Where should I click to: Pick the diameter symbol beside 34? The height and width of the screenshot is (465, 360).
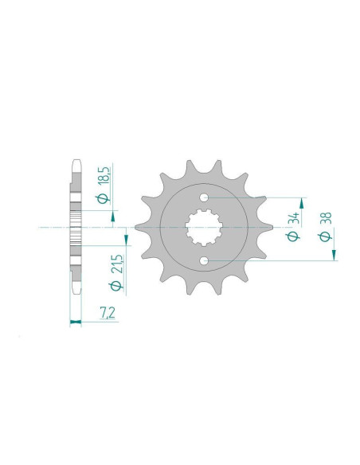pos(293,237)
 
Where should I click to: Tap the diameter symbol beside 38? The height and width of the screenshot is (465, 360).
pos(325,237)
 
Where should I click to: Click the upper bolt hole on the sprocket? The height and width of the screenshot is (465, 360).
pos(205,197)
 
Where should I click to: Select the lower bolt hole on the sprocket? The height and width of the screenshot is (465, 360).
pos(205,260)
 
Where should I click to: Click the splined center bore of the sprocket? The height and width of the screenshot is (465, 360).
pos(205,229)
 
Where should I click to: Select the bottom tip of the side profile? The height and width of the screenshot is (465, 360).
pos(76,294)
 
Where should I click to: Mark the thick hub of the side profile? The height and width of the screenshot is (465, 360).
pos(76,228)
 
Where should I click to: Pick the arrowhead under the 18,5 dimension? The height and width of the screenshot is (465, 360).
pos(113,215)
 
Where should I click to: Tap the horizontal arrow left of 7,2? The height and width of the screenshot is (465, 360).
pos(76,322)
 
